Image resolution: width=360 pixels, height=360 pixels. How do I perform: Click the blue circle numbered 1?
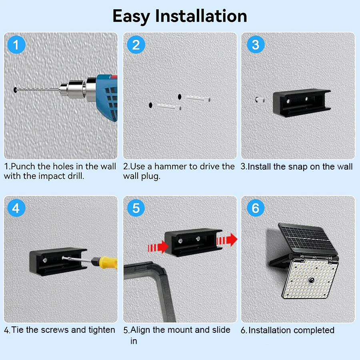[16, 45]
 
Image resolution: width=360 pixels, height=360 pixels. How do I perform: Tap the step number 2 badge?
[136, 45]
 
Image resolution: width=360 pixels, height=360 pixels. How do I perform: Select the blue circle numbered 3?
[256, 44]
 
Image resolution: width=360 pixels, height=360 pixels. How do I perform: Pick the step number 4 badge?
[16, 208]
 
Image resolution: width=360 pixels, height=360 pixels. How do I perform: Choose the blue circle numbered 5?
[136, 208]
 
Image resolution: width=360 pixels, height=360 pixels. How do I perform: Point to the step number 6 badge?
[256, 208]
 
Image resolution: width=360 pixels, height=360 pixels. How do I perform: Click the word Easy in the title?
[132, 16]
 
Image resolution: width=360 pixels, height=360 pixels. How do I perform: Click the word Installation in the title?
[201, 16]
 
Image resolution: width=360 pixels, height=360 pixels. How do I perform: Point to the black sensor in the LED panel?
[310, 282]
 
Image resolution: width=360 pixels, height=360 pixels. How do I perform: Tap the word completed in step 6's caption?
[314, 330]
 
